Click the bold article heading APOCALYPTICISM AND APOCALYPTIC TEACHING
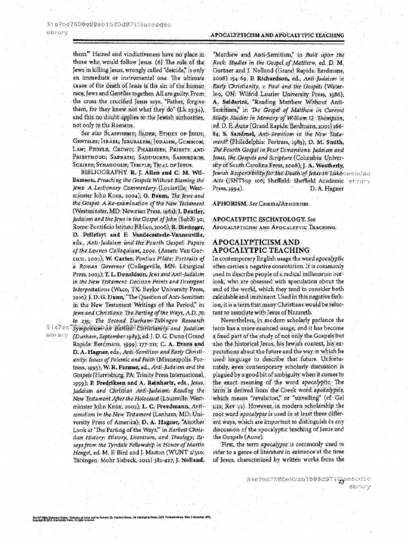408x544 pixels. click(254, 246)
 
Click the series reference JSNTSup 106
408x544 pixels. click(243, 180)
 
